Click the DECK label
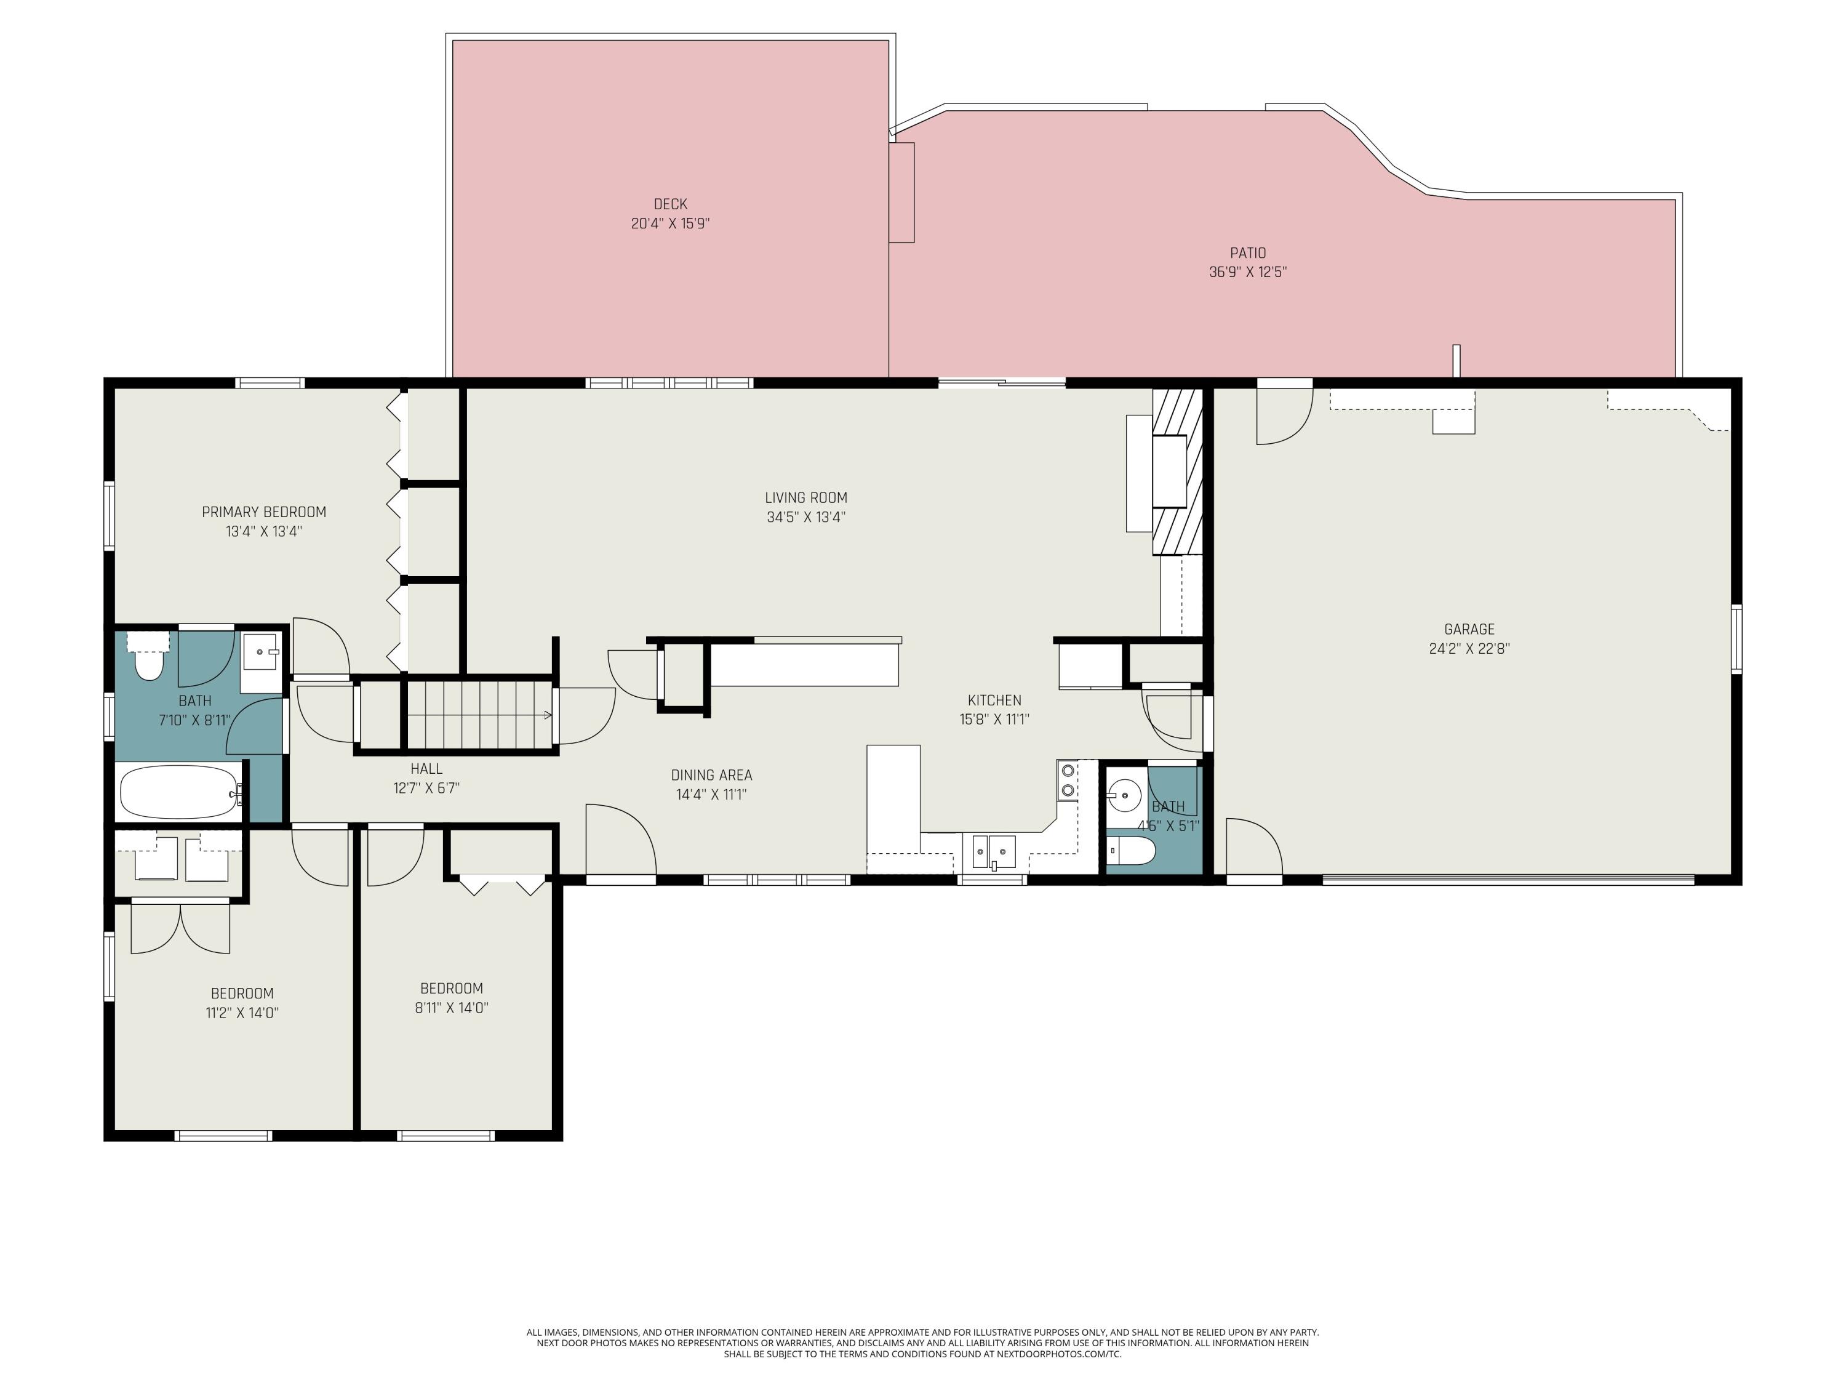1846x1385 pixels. pyautogui.click(x=670, y=204)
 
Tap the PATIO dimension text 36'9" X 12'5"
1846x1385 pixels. pyautogui.click(x=1248, y=272)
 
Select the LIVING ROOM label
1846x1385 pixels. pyautogui.click(x=806, y=497)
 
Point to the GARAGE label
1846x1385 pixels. pyautogui.click(x=1469, y=630)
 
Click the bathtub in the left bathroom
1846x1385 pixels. pyautogui.click(x=180, y=792)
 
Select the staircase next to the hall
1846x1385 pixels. pyautogui.click(x=479, y=715)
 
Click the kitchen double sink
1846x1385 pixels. pyautogui.click(x=994, y=851)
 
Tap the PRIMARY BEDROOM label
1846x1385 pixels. pyautogui.click(x=264, y=512)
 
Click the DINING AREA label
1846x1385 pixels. pyautogui.click(x=711, y=775)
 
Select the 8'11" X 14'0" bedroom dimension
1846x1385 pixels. pyautogui.click(x=452, y=1008)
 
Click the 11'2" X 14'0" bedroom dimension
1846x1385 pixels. pyautogui.click(x=242, y=1013)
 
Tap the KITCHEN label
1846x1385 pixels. pyautogui.click(x=994, y=701)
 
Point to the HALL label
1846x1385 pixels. pyautogui.click(x=426, y=769)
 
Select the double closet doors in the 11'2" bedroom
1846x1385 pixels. pyautogui.click(x=180, y=928)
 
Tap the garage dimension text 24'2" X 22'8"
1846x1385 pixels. pyautogui.click(x=1469, y=649)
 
